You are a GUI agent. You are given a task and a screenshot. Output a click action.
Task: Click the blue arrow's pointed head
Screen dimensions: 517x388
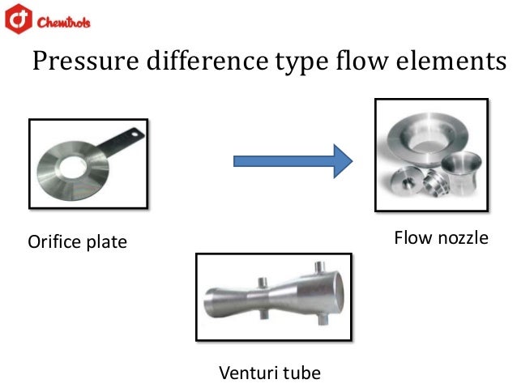[x=344, y=160]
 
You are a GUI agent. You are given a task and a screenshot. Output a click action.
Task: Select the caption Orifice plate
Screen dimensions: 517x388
[x=78, y=242]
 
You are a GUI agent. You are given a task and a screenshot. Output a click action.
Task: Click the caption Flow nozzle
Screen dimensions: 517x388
[x=441, y=238]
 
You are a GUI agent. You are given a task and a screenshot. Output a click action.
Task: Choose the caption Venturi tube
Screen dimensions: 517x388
[x=270, y=373]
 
